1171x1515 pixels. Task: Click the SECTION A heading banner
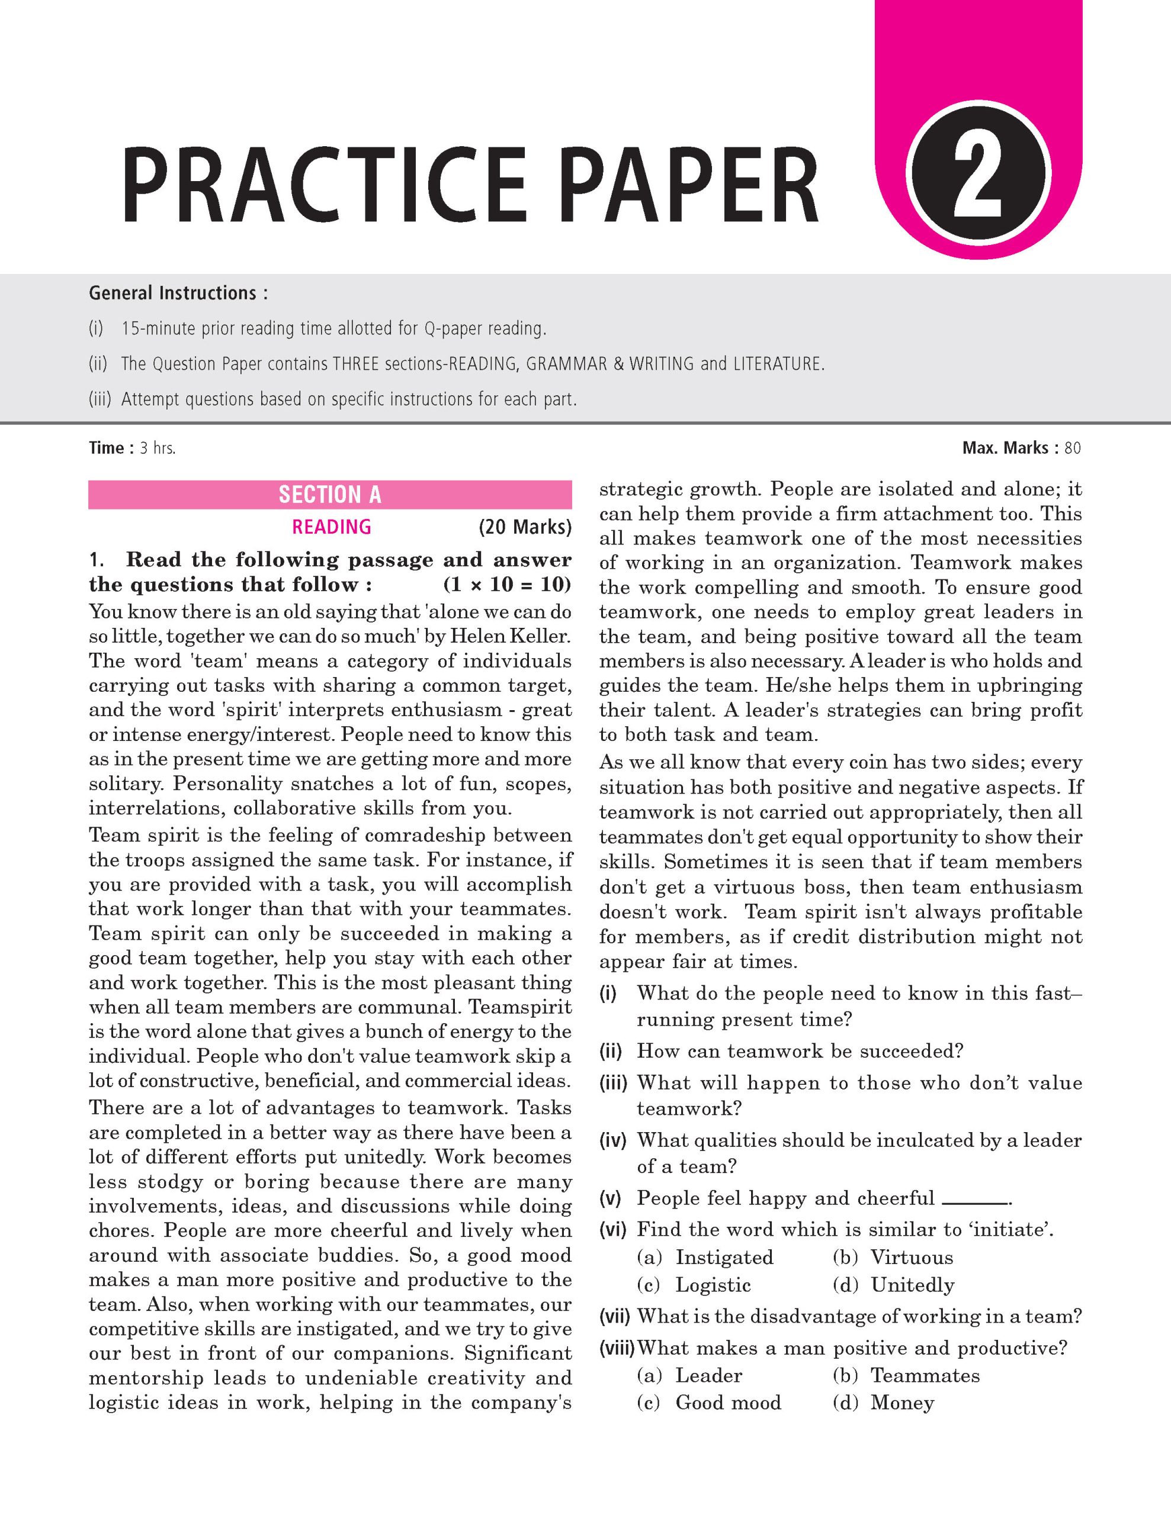pyautogui.click(x=330, y=495)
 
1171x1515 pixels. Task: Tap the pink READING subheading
pyautogui.click(x=331, y=527)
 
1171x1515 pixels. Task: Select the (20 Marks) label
pyautogui.click(x=525, y=527)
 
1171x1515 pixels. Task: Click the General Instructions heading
pyautogui.click(x=178, y=294)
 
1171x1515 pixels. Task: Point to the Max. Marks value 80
pyautogui.click(x=1073, y=448)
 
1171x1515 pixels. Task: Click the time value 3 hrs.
pyautogui.click(x=158, y=448)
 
